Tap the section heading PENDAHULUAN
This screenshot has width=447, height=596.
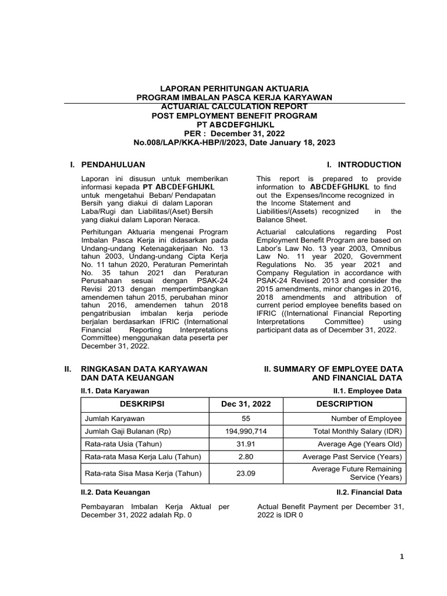coord(113,165)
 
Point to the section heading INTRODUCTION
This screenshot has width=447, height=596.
coord(369,165)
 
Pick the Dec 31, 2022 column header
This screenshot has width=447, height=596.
coord(246,404)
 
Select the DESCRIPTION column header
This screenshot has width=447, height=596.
coord(345,404)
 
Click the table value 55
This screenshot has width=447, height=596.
coord(246,418)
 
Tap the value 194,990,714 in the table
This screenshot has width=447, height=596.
coord(246,431)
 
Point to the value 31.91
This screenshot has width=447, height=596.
coord(246,444)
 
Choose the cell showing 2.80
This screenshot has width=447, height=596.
coord(246,457)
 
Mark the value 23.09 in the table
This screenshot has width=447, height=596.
coord(246,473)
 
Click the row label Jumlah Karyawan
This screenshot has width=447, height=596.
coord(112,418)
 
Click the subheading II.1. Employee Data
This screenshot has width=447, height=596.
coord(367,390)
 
